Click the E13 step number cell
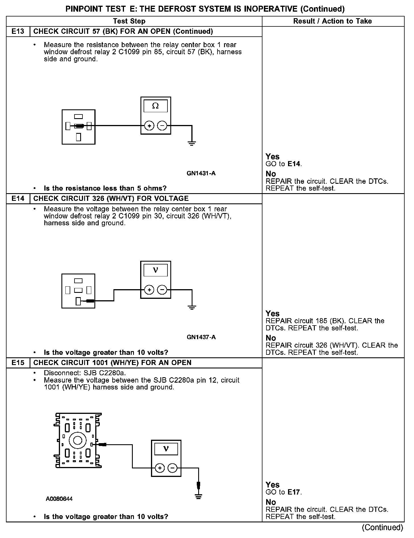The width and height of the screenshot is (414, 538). pyautogui.click(x=18, y=31)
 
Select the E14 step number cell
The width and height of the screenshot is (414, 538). pyautogui.click(x=18, y=198)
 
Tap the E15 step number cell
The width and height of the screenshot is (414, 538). pyautogui.click(x=18, y=362)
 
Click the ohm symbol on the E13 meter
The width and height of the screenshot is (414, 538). pyautogui.click(x=156, y=106)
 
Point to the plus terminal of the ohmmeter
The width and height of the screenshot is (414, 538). pyautogui.click(x=149, y=126)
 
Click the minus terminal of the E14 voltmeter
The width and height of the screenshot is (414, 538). pyautogui.click(x=162, y=290)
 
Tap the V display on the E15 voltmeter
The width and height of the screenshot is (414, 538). pyautogui.click(x=166, y=449)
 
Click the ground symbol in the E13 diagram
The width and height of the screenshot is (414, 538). pyautogui.click(x=192, y=143)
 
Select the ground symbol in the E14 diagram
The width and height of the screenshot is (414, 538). pyautogui.click(x=192, y=307)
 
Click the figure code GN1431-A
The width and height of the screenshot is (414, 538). pyautogui.click(x=201, y=173)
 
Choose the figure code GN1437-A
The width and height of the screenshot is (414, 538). pyautogui.click(x=201, y=337)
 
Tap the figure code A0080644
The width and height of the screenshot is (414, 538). pyautogui.click(x=59, y=499)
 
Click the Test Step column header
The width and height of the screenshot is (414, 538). pyautogui.click(x=129, y=21)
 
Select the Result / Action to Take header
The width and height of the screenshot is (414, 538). pyautogui.click(x=332, y=21)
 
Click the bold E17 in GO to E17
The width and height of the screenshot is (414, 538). pyautogui.click(x=294, y=492)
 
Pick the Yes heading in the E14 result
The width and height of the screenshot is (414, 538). pyautogui.click(x=272, y=313)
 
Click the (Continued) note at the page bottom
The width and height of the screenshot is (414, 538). pyautogui.click(x=382, y=527)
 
